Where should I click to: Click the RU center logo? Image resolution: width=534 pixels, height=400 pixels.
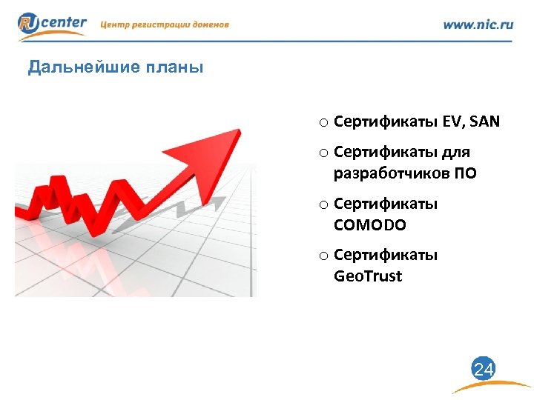tap(52, 24)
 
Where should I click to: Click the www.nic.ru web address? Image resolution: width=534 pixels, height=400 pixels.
tap(478, 24)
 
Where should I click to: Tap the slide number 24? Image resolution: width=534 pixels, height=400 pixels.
tap(483, 369)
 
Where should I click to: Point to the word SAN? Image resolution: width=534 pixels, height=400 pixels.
tap(484, 121)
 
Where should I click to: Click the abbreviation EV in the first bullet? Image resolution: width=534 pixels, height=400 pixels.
tap(451, 121)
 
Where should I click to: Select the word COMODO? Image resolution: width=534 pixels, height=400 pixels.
tap(370, 224)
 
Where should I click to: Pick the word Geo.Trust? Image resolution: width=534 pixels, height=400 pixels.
tap(368, 276)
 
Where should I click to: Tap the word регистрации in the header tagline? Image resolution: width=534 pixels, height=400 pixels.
tap(160, 24)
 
